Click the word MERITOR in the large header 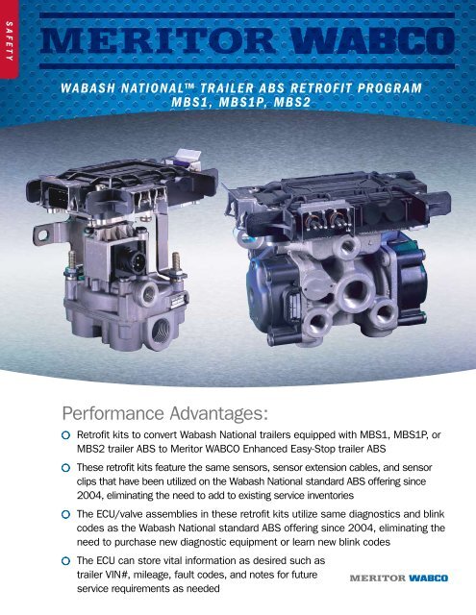point(159,40)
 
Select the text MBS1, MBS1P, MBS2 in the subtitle point(241,102)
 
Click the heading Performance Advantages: point(164,414)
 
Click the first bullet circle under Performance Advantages point(66,435)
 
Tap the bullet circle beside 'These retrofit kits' point(66,468)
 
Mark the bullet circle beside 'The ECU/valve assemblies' point(66,514)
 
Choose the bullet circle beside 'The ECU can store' point(66,561)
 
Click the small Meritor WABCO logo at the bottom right point(399,578)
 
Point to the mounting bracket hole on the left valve point(42,235)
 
